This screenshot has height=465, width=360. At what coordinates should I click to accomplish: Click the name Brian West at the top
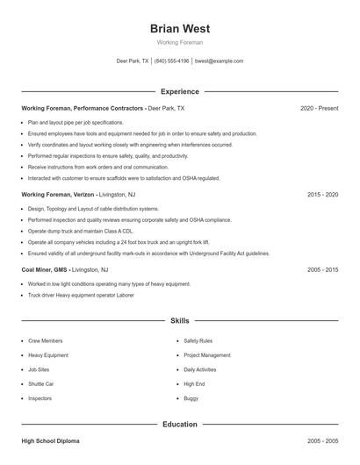[179, 28]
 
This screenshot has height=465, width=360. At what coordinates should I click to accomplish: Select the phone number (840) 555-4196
[172, 61]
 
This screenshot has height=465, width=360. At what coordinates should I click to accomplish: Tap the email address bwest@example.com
[219, 61]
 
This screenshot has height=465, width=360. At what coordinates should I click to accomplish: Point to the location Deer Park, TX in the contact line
[133, 61]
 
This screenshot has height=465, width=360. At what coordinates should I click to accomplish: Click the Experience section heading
[179, 91]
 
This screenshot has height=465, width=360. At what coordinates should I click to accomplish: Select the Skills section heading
[179, 321]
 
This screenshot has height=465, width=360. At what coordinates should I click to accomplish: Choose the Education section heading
[179, 425]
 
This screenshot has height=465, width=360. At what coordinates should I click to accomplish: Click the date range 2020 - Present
[319, 108]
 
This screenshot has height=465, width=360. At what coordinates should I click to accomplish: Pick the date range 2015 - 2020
[322, 194]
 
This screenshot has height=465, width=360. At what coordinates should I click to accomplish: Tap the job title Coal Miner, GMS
[46, 269]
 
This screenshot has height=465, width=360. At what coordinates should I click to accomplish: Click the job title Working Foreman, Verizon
[56, 194]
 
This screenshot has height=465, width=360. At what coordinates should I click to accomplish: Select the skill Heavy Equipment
[47, 355]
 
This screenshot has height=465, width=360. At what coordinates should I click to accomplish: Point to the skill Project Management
[207, 355]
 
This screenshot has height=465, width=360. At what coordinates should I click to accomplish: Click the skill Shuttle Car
[41, 383]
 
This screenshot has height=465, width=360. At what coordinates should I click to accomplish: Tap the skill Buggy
[191, 398]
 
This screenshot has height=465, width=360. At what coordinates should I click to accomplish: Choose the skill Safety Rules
[198, 340]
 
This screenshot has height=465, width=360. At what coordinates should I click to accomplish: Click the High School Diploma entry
[54, 441]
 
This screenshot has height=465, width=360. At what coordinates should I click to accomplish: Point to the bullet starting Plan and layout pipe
[76, 123]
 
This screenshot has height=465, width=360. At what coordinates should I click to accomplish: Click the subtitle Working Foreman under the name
[179, 42]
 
